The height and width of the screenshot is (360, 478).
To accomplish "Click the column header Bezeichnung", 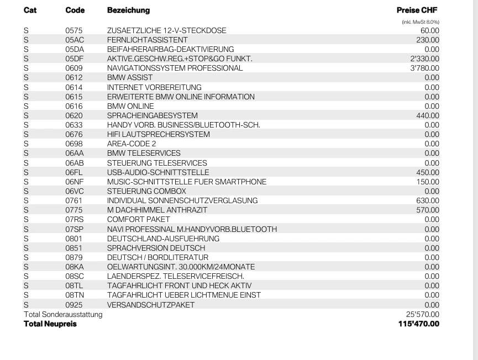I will (x=128, y=10).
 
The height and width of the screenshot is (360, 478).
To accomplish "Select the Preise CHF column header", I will (x=417, y=10).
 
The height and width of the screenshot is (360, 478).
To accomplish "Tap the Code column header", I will (x=75, y=10).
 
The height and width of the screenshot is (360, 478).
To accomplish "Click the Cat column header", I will (x=30, y=10).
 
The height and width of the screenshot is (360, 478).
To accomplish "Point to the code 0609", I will (x=73, y=68).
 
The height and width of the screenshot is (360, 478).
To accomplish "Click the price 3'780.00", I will (x=424, y=68).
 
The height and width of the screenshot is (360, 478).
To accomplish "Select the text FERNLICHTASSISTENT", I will (x=147, y=40).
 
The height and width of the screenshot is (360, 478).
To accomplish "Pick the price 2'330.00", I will (x=424, y=59).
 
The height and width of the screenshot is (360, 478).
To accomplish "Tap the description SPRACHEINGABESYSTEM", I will (x=152, y=115).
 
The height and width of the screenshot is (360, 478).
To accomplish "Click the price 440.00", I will (x=428, y=115).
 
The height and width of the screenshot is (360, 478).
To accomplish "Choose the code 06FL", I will (x=74, y=172).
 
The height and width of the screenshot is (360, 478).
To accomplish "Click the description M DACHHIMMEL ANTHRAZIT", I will (x=157, y=210).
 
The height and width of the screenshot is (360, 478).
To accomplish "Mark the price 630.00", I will (x=428, y=200).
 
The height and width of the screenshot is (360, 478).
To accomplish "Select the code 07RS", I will (x=75, y=219).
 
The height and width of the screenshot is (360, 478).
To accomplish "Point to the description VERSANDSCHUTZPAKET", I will (x=151, y=305).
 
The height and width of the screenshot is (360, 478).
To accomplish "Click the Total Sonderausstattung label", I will (x=63, y=314).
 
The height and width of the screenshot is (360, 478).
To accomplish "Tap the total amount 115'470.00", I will (x=418, y=324).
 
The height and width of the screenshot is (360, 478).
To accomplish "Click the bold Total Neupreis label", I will (x=50, y=324).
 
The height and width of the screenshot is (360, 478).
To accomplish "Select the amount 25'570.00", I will (x=423, y=314).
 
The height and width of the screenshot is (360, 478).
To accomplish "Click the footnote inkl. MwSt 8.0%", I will (x=421, y=22).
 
